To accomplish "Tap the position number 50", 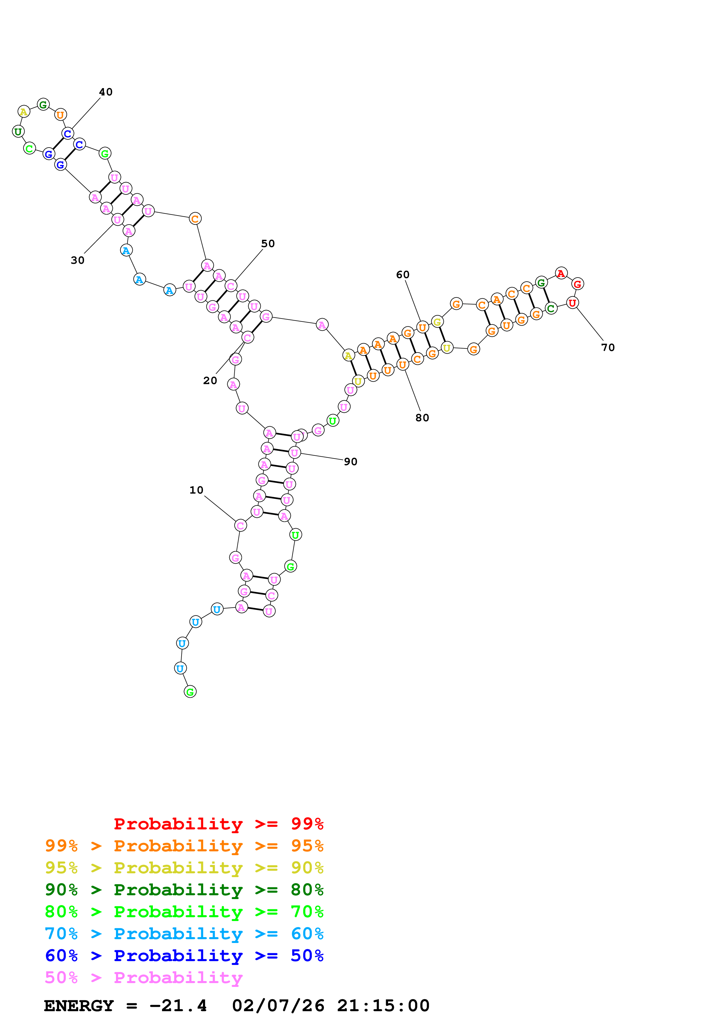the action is pyautogui.click(x=268, y=244).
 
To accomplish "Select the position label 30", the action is pyautogui.click(x=77, y=260).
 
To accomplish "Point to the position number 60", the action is pyautogui.click(x=403, y=275).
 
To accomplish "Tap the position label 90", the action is pyautogui.click(x=350, y=462).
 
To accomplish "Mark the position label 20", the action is pyautogui.click(x=210, y=381).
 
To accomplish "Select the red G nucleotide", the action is pyautogui.click(x=578, y=284).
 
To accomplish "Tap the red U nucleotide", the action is pyautogui.click(x=572, y=303).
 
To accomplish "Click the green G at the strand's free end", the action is pyautogui.click(x=190, y=692).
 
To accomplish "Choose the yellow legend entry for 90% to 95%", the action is pyautogui.click(x=184, y=868).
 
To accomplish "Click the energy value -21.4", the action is pyautogui.click(x=178, y=1006).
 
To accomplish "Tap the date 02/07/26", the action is pyautogui.click(x=278, y=1006).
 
